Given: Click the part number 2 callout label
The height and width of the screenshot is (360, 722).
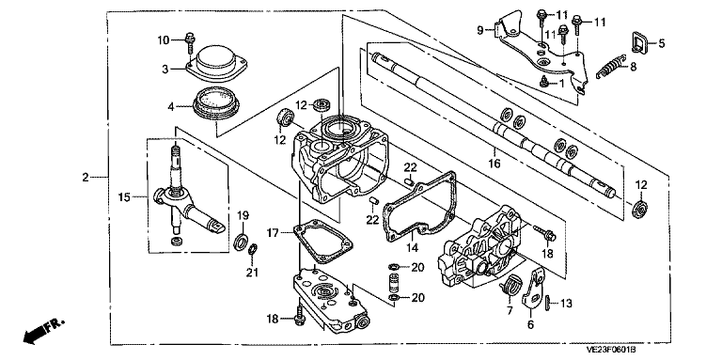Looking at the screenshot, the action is (x=86, y=178).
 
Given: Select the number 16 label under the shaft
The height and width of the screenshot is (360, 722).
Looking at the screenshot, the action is (x=494, y=163).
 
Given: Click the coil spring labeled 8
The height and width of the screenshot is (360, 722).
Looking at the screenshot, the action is (x=610, y=66).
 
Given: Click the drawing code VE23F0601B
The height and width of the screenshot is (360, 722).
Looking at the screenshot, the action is (x=610, y=350).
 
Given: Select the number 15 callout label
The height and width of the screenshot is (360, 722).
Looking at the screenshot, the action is (x=124, y=197).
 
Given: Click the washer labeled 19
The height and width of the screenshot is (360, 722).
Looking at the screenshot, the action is (x=241, y=242).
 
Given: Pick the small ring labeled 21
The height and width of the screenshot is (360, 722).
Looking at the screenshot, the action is (x=252, y=250).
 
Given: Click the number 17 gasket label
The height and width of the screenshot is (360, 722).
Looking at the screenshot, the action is (x=273, y=233).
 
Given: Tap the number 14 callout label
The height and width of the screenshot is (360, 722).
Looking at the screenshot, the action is (x=412, y=247).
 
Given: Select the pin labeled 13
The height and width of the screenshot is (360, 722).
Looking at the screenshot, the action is (x=547, y=303).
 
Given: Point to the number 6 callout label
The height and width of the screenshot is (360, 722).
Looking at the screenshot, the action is (x=530, y=325).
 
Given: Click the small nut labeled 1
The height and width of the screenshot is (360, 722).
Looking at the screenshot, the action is (x=544, y=82).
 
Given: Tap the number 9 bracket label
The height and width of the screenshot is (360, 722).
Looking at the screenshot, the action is (x=479, y=31).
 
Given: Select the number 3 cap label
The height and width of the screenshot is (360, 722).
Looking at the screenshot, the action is (x=165, y=69).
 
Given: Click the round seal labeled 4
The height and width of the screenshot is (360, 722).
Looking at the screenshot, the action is (x=216, y=103).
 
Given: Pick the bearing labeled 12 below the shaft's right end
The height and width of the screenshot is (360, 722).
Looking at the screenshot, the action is (x=640, y=208).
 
